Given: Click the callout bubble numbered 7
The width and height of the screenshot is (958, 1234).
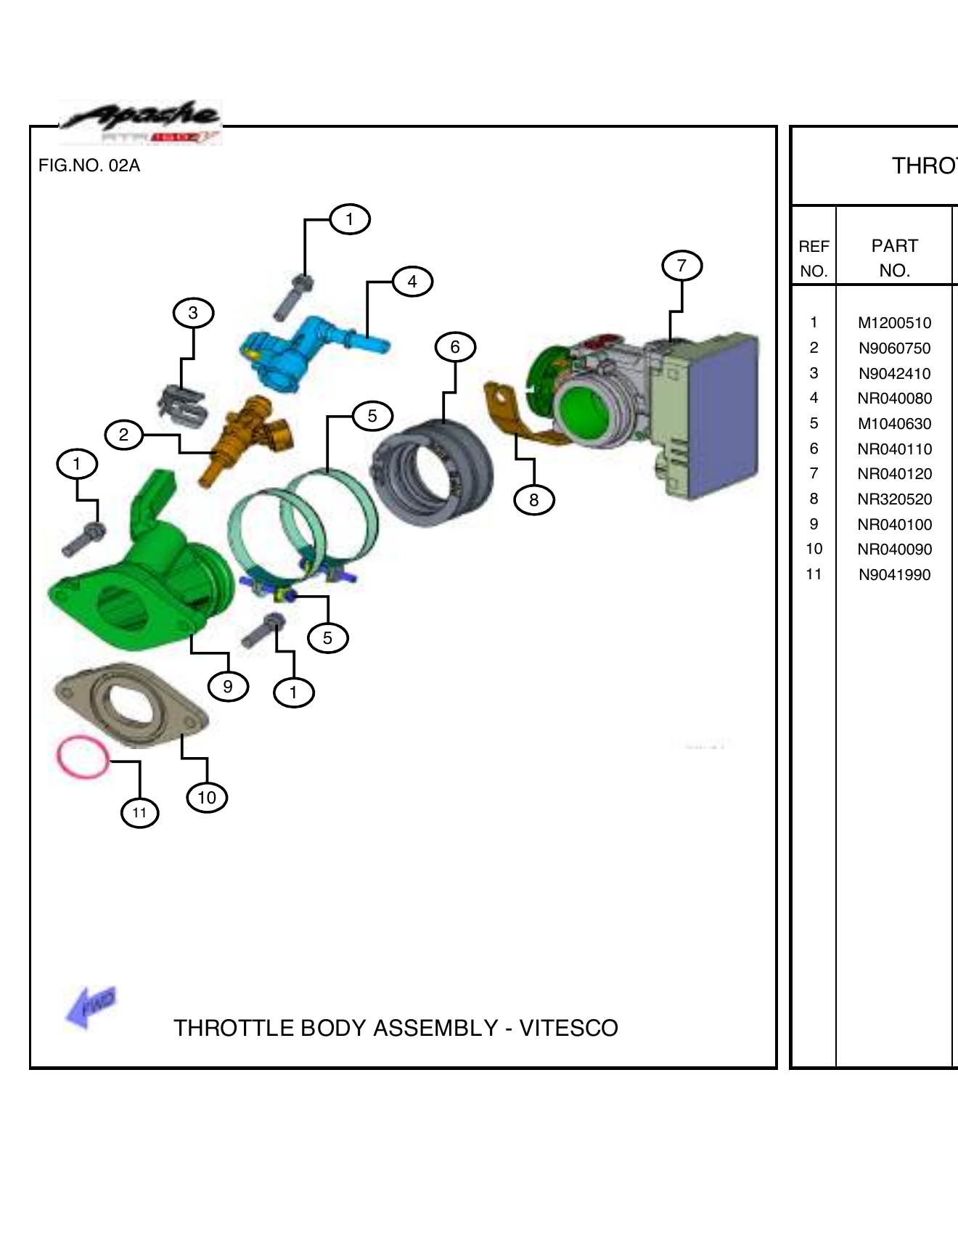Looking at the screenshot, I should tap(681, 266).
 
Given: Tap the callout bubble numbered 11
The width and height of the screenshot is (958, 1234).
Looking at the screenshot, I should tap(139, 812).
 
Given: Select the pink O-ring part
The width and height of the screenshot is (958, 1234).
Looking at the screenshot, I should tap(83, 757).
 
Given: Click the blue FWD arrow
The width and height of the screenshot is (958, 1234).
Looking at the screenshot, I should tap(91, 1007).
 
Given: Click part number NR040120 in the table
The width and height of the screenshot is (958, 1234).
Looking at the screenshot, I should tap(894, 474).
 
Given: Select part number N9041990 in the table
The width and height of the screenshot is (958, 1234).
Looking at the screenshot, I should tap(894, 575).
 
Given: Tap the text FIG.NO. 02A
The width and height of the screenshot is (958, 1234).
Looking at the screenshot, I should tap(89, 166).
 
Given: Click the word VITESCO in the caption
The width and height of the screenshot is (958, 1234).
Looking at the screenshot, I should tap(568, 1028).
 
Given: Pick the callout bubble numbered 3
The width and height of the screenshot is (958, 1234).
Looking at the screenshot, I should tap(193, 313).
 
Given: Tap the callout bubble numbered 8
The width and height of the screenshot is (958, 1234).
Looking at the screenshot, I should tap(533, 500).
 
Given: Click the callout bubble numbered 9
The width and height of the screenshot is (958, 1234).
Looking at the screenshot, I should tap(228, 687).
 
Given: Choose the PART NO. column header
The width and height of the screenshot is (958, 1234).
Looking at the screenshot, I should tap(894, 258).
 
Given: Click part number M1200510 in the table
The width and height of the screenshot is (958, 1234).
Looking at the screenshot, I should tap(894, 323).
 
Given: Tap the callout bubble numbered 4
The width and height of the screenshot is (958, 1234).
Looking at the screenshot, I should tap(412, 282).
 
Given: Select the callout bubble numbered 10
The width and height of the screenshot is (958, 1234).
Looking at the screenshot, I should tap(207, 798).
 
